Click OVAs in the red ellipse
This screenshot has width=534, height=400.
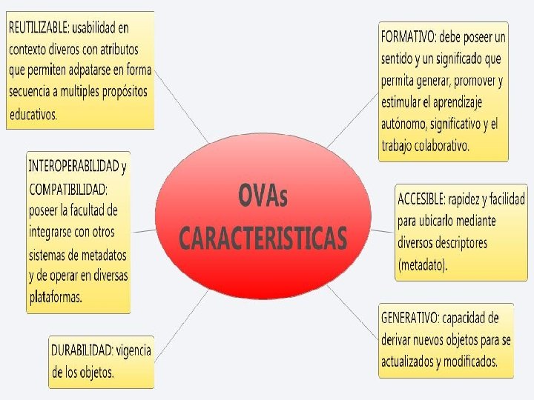coord(263,197)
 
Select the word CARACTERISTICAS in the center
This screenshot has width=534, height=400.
coord(263,239)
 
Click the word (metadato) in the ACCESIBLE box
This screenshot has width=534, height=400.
coord(423,264)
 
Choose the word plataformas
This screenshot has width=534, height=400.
coord(56,296)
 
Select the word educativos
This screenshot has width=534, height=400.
coord(33,114)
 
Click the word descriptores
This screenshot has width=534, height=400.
coord(452,243)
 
